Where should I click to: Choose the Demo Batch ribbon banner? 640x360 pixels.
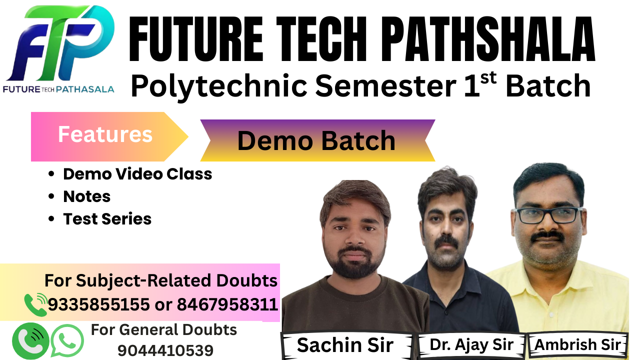[316, 140]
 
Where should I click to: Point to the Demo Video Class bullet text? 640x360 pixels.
[137, 174]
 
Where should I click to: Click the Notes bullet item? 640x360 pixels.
[86, 196]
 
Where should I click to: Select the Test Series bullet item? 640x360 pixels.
[107, 219]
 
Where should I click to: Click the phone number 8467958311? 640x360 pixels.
[227, 304]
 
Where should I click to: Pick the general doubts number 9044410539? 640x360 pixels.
[165, 350]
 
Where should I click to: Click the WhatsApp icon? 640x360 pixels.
[67, 340]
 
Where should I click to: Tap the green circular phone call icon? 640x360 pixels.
[30, 340]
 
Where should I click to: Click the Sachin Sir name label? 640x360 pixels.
[345, 345]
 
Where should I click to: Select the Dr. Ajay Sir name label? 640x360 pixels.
[471, 344]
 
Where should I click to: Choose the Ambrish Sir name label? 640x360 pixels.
[578, 344]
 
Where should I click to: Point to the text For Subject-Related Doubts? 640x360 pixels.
[161, 280]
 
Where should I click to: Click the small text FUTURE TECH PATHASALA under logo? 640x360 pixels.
[58, 89]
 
